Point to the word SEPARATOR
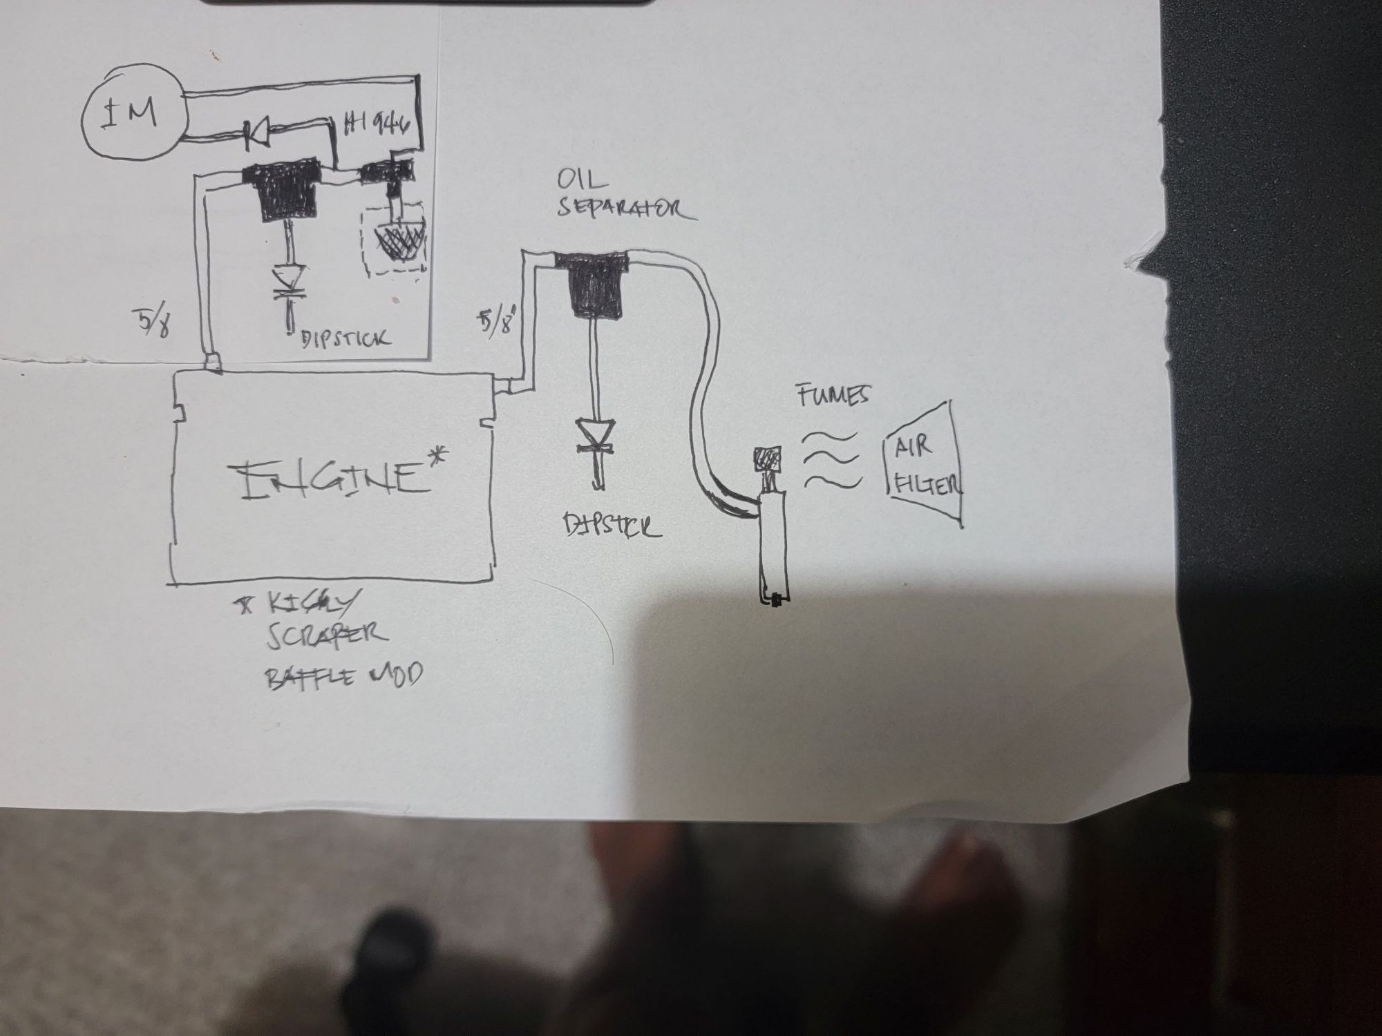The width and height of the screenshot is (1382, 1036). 626,209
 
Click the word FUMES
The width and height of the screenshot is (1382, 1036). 833,396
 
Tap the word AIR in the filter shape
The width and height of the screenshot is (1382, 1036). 914,448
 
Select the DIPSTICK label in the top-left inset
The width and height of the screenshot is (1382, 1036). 345,338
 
